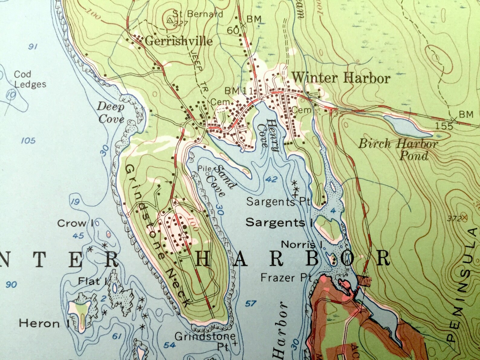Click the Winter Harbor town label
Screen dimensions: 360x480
[x=341, y=78]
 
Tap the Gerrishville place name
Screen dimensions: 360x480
[x=179, y=41]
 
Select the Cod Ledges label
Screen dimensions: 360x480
[x=30, y=79]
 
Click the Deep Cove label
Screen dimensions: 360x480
[x=111, y=112]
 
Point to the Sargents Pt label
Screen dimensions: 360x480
[x=278, y=202]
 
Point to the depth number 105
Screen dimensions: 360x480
[x=28, y=140]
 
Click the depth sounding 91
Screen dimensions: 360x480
[x=33, y=47]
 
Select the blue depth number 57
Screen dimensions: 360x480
[x=251, y=303]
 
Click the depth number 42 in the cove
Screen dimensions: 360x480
[x=271, y=179]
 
